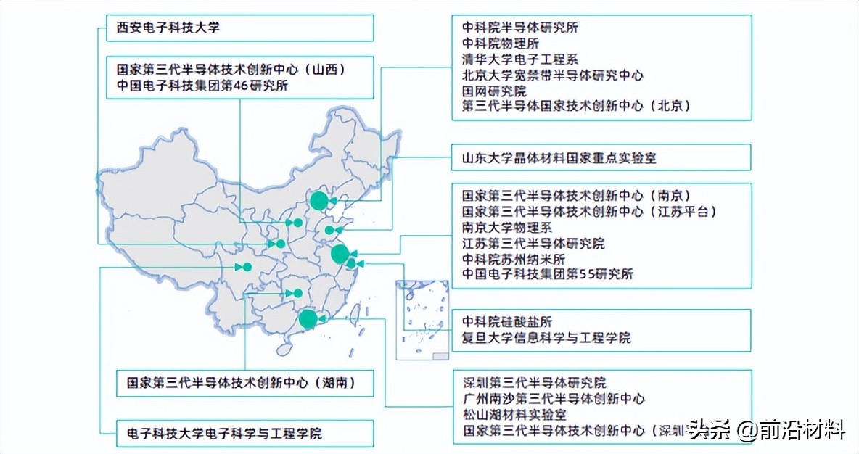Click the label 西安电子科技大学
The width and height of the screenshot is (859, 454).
168,28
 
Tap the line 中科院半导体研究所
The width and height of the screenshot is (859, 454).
520,28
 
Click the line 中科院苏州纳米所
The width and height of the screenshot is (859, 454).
514,259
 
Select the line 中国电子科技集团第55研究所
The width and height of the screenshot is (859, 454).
548,274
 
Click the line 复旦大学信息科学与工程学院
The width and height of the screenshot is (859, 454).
546,338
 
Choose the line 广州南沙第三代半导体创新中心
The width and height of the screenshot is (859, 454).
554,399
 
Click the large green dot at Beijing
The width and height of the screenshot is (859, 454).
317,200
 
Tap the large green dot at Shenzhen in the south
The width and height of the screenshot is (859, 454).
308,318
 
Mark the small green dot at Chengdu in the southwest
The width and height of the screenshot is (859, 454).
247,267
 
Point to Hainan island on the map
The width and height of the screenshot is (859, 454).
284,349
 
